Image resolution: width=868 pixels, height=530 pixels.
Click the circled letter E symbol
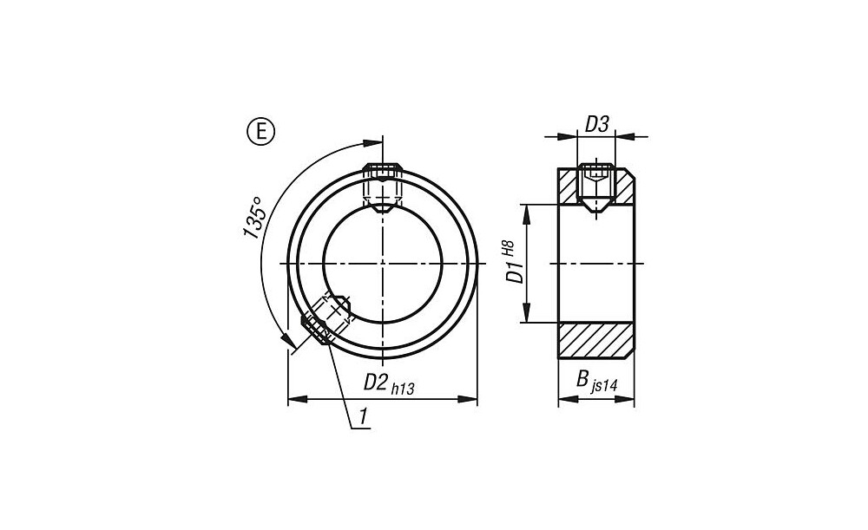coord(260,132)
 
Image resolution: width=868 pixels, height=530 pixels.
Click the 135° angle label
coord(254,216)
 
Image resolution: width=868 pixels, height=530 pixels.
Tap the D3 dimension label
coord(597,125)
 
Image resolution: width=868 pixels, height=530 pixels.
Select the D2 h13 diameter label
coord(388,383)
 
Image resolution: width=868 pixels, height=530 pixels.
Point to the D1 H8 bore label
coord(511,262)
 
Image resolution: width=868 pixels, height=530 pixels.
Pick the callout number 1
coord(364,416)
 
